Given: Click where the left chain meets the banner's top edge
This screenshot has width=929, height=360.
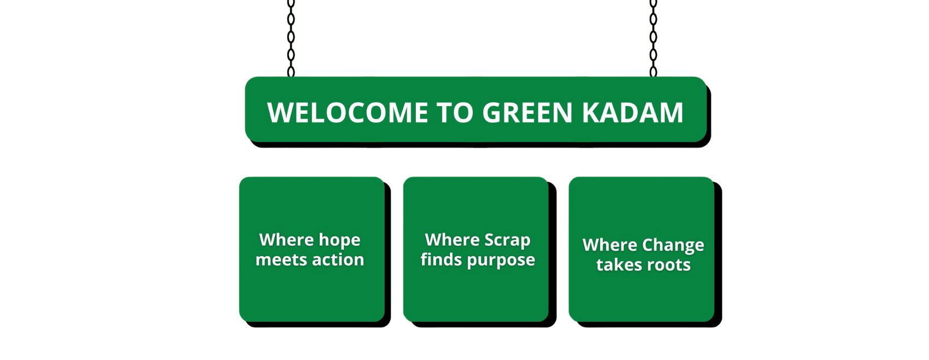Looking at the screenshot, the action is (x=291, y=76).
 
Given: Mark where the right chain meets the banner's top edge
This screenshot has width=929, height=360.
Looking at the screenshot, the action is (x=653, y=76).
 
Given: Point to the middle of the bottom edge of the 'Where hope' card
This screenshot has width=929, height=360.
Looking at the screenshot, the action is (x=312, y=321).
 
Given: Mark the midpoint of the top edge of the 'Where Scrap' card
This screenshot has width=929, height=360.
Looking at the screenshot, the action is (x=475, y=177).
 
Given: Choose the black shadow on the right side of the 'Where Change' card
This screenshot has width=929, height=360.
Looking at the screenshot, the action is (x=718, y=253).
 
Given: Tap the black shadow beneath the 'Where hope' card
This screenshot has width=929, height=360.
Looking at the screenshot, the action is (x=317, y=324).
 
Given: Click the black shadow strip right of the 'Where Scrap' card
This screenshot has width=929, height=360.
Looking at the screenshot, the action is (x=552, y=253).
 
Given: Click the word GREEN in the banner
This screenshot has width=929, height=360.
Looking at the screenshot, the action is (x=527, y=113).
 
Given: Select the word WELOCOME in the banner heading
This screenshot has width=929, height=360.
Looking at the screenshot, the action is (x=348, y=113).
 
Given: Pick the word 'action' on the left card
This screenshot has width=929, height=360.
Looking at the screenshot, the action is (x=338, y=260).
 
